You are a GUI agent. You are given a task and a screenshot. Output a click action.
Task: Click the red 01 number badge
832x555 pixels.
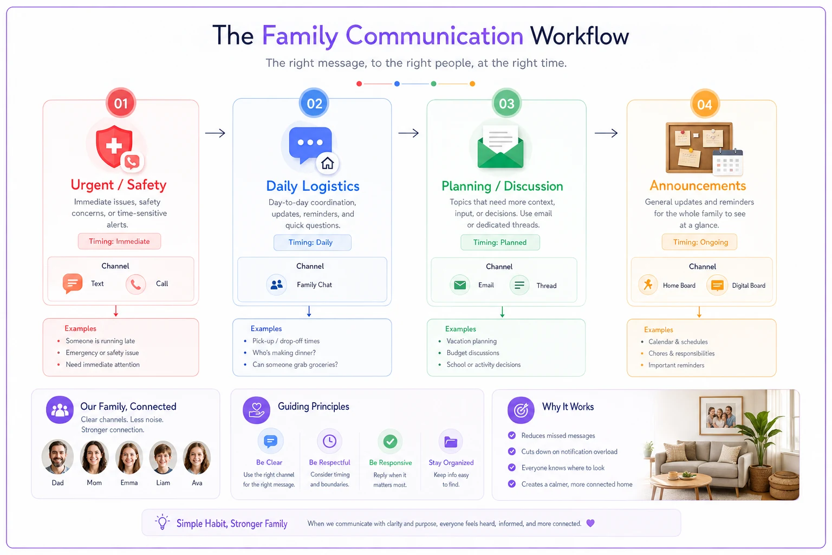(x=121, y=103)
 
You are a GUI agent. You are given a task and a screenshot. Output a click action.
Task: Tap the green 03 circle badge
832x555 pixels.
(x=506, y=104)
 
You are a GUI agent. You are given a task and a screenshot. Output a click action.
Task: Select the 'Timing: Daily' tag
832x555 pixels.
(x=312, y=242)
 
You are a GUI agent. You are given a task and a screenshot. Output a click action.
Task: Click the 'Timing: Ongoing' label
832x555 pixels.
(x=699, y=242)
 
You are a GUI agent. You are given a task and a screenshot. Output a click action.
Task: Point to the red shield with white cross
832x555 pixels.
(x=113, y=146)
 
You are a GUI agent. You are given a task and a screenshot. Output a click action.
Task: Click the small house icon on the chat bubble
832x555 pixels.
(x=327, y=163)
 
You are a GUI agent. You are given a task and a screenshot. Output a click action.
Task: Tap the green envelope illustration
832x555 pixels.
(x=500, y=147)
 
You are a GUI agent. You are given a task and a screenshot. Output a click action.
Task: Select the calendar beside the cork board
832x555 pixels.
(x=727, y=162)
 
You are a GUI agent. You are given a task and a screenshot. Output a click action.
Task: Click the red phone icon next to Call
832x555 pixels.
(x=135, y=285)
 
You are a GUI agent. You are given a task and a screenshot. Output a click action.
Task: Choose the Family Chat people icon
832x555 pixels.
(x=276, y=285)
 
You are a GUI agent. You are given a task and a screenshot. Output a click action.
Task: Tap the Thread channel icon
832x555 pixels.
(x=519, y=285)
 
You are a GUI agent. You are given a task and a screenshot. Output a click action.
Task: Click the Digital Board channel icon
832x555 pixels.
(x=717, y=285)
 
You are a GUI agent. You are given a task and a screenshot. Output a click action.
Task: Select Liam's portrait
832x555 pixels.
(x=162, y=457)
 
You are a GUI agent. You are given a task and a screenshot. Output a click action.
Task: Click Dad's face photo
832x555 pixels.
(x=57, y=457)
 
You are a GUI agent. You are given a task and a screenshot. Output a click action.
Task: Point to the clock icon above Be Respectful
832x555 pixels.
(x=329, y=441)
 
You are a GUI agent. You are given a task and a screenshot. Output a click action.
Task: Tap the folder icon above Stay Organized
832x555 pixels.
(x=451, y=442)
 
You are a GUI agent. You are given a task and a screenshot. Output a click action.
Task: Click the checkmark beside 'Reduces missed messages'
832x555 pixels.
(x=512, y=435)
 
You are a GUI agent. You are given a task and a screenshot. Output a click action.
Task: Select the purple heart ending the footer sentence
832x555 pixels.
(x=590, y=523)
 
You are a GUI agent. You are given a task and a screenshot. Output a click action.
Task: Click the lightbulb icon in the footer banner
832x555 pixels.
(x=162, y=522)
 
